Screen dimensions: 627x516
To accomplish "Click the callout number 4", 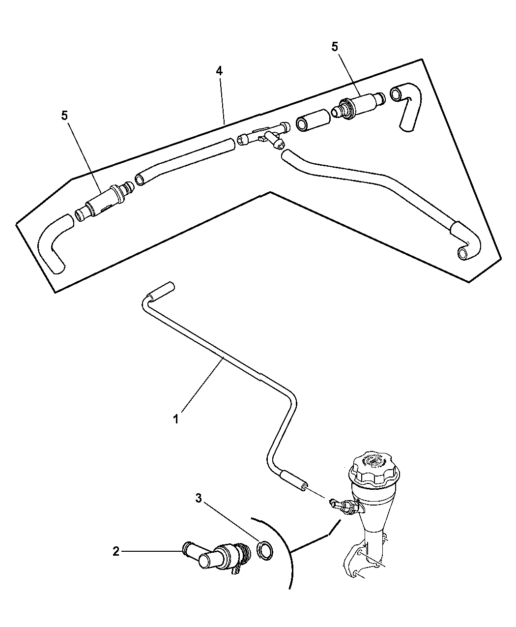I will pyautogui.click(x=219, y=71).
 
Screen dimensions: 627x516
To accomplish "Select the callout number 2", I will pyautogui.click(x=116, y=552).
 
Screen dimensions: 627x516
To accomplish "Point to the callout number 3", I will pyautogui.click(x=199, y=498).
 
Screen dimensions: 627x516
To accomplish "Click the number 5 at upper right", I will pyautogui.click(x=335, y=47).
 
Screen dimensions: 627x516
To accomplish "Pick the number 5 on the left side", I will pyautogui.click(x=64, y=116).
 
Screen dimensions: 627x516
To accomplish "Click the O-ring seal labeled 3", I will pyautogui.click(x=265, y=550).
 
